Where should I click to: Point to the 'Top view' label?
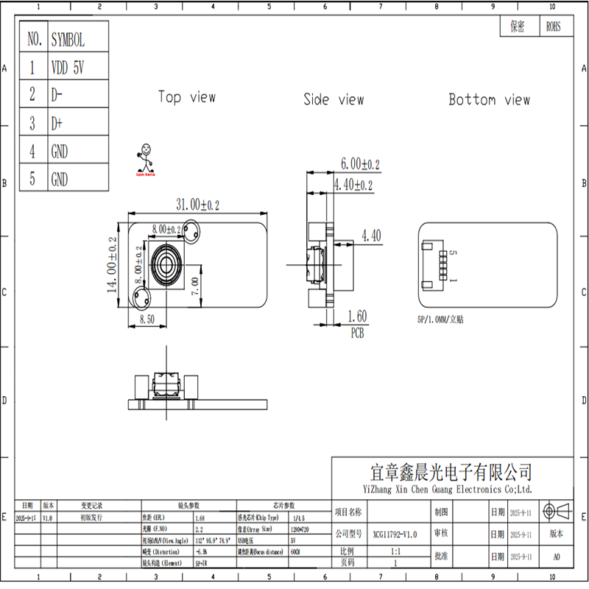click(x=187, y=97)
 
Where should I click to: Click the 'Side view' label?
click(x=334, y=99)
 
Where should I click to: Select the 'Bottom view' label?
click(x=489, y=99)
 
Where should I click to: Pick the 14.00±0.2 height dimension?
click(x=113, y=265)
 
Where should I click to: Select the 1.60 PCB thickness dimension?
click(x=357, y=317)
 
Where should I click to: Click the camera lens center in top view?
click(x=166, y=265)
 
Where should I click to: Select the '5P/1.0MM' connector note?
click(x=440, y=320)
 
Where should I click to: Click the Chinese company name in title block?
click(x=451, y=472)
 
